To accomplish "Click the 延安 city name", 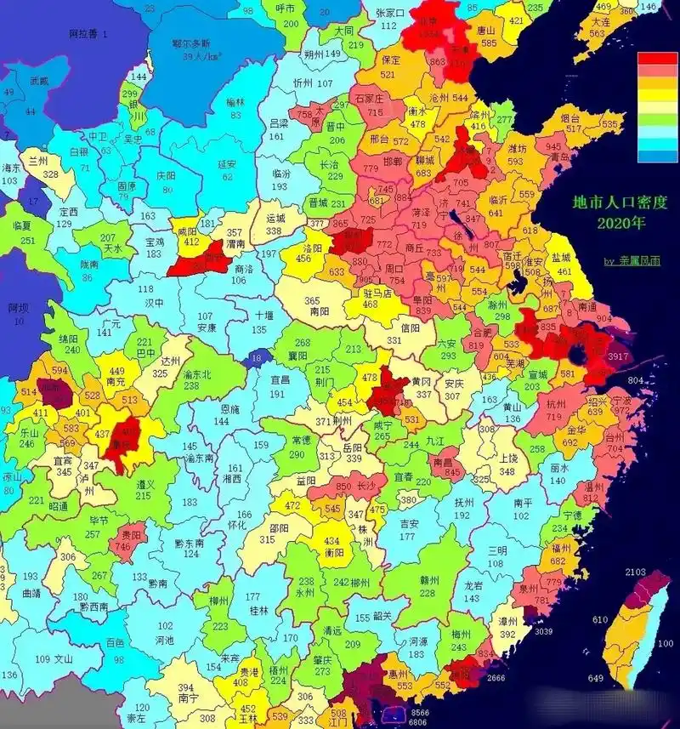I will pyautogui.click(x=226, y=164).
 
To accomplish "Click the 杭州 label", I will pyautogui.click(x=555, y=403).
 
